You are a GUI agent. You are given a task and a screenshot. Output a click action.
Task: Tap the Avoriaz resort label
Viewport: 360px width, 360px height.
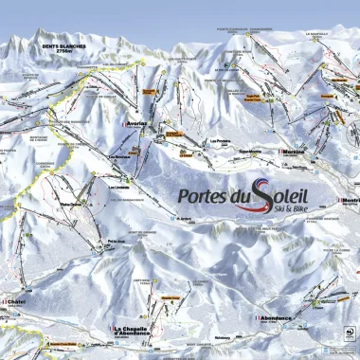pos(138,123)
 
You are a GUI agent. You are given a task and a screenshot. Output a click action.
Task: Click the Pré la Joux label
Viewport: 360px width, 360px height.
pos(117,242)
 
